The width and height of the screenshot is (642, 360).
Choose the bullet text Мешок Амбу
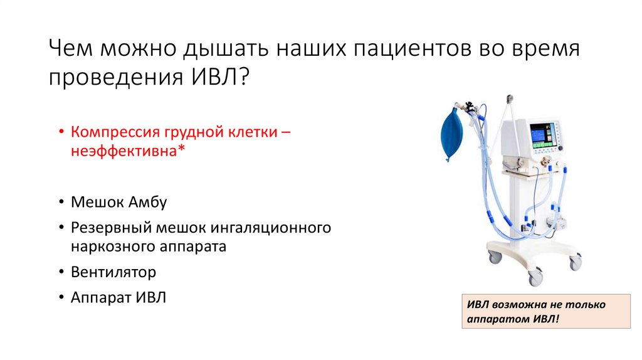point(119,202)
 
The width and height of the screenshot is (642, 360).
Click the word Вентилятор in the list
point(113,272)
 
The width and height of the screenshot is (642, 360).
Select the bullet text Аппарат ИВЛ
point(119,297)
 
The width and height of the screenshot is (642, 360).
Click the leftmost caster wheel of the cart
point(495,257)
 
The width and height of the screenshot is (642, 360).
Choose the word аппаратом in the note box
point(495,319)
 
